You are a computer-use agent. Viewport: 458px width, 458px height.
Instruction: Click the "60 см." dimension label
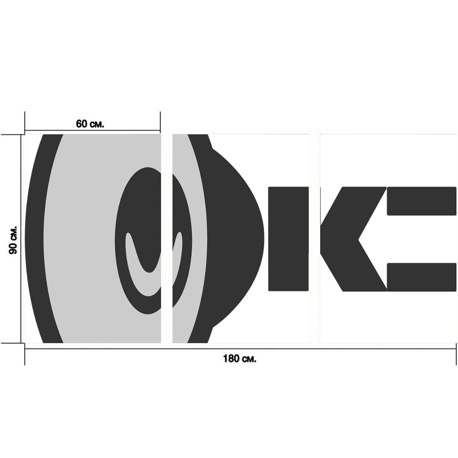coord(90,124)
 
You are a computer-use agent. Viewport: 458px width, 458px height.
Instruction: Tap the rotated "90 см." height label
coord(13,240)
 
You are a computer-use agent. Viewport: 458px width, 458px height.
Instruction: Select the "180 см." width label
coord(240,358)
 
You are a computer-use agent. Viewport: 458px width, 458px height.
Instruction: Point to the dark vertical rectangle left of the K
coord(288,239)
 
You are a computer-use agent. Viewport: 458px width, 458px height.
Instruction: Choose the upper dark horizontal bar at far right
coord(422,201)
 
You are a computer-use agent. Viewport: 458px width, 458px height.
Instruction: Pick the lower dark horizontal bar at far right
coord(422,277)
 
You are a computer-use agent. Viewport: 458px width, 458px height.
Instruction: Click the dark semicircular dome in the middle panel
coord(238,239)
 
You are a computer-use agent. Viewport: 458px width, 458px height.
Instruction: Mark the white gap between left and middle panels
coord(167,239)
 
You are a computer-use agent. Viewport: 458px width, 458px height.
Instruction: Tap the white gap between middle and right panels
coord(314,239)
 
